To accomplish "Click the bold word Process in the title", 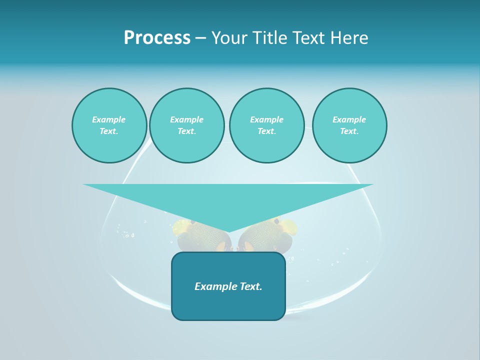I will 157,38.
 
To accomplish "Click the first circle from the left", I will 109,125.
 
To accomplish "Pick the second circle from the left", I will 186,125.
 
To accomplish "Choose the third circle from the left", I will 266,125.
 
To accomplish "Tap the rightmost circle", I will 349,125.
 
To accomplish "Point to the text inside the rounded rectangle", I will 228,286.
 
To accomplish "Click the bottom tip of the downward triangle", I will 228,232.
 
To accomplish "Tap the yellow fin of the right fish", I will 289,227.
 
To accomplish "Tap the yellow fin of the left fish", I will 181,228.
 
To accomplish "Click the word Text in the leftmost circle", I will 109,131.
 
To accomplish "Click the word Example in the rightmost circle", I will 349,119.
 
